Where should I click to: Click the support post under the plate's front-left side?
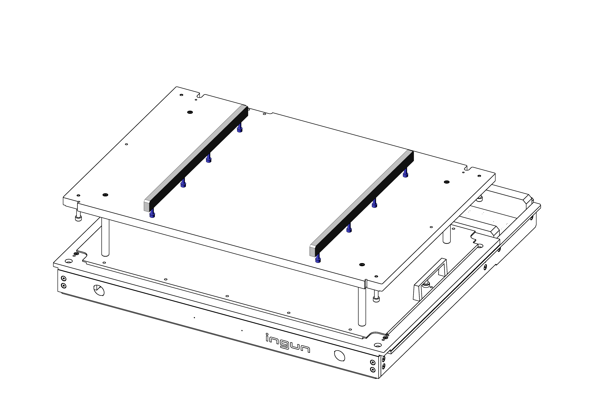click(105, 237)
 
